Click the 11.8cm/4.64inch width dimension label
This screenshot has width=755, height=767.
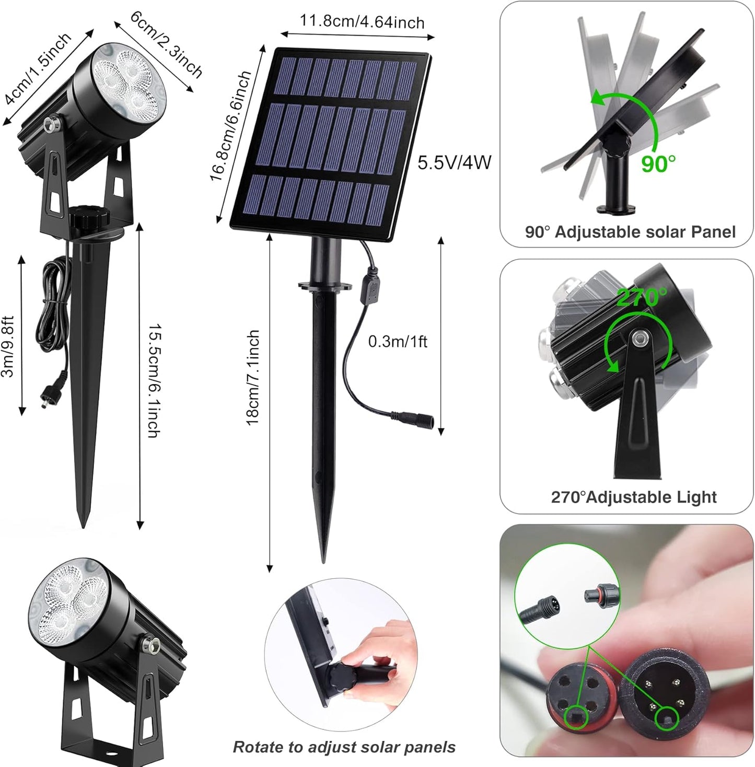point(362,22)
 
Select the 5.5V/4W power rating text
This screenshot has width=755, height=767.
point(454,162)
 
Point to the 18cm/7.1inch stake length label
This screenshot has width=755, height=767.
point(253,377)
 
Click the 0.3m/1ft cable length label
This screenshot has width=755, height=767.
point(397,342)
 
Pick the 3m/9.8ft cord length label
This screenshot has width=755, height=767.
point(8,346)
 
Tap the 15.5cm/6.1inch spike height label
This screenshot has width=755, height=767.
point(153,381)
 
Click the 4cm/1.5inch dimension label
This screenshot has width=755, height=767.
point(37,68)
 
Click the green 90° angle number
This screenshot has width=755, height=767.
point(658,164)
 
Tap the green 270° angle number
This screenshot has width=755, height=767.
point(641,297)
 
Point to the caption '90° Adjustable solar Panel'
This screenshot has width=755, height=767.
point(630,231)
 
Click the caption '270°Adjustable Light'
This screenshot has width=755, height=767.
point(634,496)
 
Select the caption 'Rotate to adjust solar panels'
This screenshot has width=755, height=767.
point(344,747)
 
